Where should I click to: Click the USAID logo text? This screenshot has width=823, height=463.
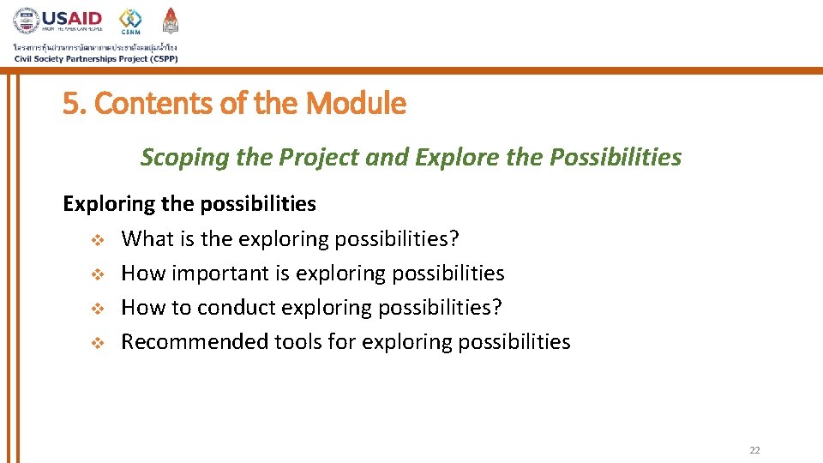tap(72, 18)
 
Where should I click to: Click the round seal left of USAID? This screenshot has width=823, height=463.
tap(26, 21)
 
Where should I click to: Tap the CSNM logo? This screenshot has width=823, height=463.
tap(130, 21)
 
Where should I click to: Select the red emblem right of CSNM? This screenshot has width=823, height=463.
tap(171, 21)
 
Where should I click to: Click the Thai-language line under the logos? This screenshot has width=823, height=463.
tap(94, 47)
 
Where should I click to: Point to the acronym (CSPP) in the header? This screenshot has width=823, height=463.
tap(159, 58)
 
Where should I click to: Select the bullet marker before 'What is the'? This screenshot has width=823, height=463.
tap(98, 239)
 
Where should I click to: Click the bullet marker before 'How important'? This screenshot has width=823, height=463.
tap(98, 274)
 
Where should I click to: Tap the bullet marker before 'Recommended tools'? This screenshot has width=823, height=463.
tap(98, 342)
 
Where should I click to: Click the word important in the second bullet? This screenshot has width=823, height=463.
tap(214, 274)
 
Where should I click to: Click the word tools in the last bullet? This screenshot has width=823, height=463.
tap(297, 342)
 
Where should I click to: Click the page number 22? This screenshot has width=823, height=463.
tap(754, 450)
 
